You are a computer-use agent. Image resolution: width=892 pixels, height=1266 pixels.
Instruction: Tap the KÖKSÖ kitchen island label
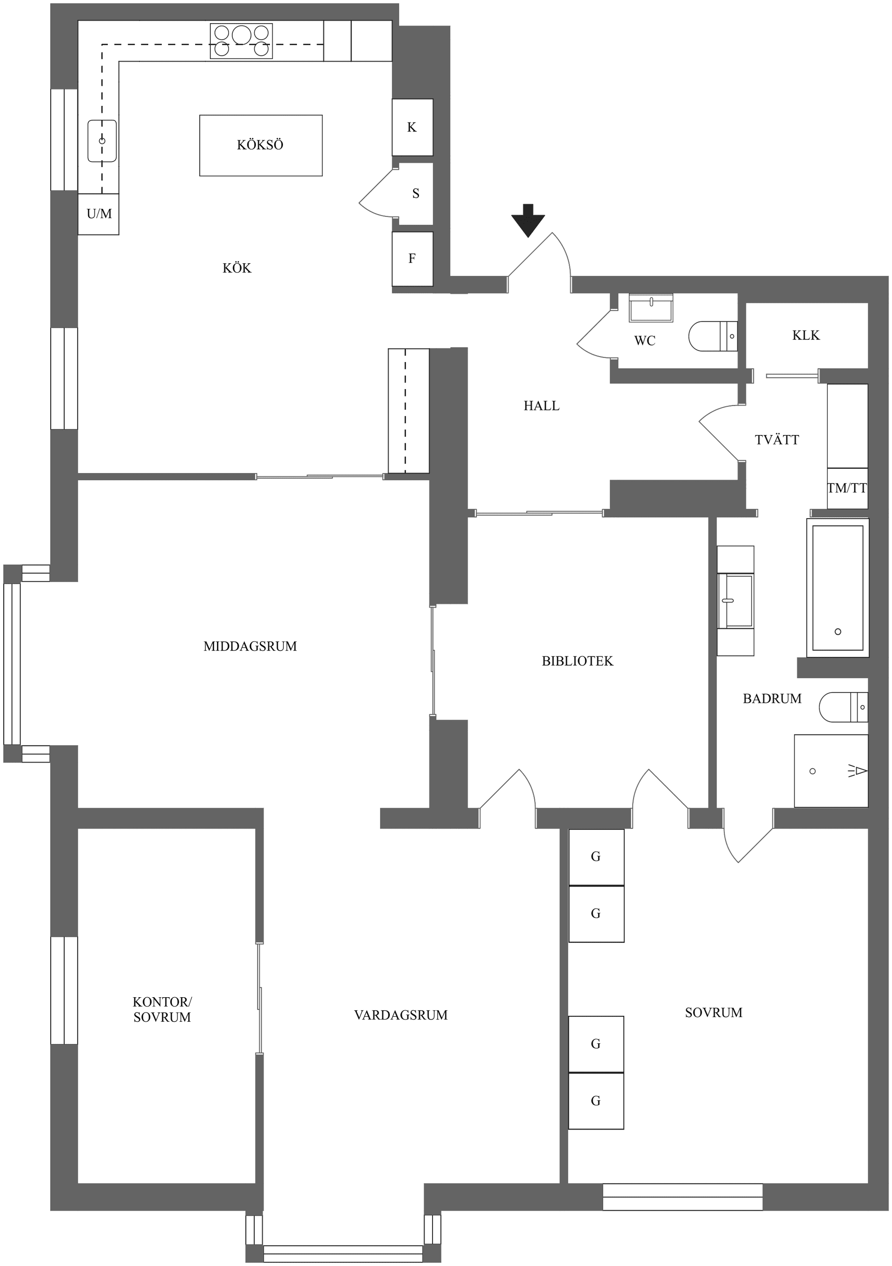[260, 145]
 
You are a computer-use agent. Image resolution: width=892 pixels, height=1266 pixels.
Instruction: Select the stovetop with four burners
[241, 41]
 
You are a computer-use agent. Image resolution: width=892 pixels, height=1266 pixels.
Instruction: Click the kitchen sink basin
[102, 141]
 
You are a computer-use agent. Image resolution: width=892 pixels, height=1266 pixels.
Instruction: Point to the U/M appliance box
[99, 214]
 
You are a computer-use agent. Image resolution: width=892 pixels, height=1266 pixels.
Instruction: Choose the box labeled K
[412, 127]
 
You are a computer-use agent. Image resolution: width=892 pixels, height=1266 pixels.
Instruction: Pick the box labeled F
[412, 259]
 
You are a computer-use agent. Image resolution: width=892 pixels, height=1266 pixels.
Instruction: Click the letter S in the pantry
[416, 194]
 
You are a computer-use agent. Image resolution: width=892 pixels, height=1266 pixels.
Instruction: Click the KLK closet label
[806, 335]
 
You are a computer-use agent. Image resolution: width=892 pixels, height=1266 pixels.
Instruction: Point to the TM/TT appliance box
[847, 488]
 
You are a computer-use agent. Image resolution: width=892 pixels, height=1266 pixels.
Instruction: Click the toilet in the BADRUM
[843, 707]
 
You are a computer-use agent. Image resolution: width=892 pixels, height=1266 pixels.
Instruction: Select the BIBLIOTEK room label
[577, 661]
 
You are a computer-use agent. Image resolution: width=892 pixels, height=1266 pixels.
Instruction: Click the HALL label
[541, 406]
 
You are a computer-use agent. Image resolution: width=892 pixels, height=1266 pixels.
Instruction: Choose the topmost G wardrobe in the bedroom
[596, 857]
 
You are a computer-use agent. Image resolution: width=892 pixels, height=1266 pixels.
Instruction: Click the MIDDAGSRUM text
[250, 646]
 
